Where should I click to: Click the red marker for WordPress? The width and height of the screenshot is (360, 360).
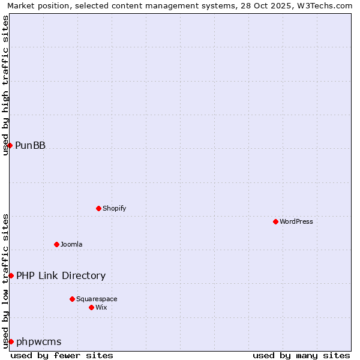275,221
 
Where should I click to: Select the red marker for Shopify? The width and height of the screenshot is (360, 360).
98,208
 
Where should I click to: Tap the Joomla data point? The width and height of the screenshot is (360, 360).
56,244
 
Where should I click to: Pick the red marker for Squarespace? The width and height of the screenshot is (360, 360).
72,299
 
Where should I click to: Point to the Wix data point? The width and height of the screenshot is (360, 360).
91,307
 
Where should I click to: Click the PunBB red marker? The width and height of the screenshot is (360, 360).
10,145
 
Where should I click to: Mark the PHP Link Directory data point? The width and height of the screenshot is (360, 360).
11,275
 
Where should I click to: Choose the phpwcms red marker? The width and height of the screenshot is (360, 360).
11,341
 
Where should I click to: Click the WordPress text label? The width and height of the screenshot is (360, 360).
296,221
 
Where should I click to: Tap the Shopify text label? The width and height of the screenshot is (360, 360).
115,208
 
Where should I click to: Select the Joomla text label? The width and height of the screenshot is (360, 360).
71,244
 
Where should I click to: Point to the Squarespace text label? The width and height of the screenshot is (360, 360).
97,299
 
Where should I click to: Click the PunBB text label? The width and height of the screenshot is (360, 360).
30,145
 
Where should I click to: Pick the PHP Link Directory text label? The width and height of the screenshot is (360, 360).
61,275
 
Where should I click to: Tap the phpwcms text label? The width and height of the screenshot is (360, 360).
39,341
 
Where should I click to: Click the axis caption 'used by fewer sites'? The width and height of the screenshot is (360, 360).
62,355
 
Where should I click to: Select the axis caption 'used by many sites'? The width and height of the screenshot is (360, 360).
301,355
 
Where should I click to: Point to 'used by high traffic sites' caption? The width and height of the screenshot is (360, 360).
5,85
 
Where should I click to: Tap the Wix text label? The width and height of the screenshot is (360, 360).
101,307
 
